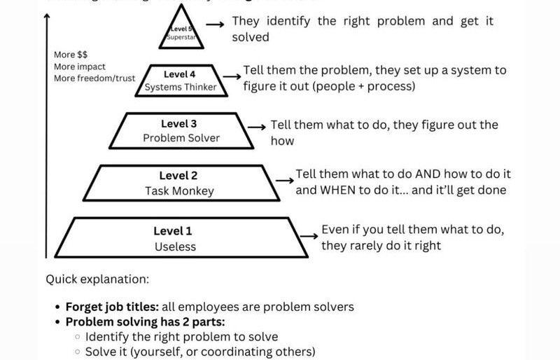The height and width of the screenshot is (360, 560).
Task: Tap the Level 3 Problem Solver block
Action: [x=182, y=131]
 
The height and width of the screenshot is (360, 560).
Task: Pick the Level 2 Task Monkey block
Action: [x=179, y=183]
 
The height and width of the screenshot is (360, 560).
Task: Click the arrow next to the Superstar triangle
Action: [x=218, y=22]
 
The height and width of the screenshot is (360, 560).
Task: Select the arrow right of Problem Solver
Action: [x=258, y=127]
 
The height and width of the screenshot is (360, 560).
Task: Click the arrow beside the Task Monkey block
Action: [x=283, y=180]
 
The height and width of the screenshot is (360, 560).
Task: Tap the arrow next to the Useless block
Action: [x=309, y=236]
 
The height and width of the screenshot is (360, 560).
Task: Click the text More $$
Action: [x=67, y=55]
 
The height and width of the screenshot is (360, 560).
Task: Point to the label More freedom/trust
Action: [x=94, y=78]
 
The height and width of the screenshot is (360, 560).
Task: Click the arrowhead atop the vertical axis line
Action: [x=47, y=18]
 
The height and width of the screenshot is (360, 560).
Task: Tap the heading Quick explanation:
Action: [x=97, y=279]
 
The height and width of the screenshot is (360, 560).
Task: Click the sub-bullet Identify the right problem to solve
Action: [x=181, y=337]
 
